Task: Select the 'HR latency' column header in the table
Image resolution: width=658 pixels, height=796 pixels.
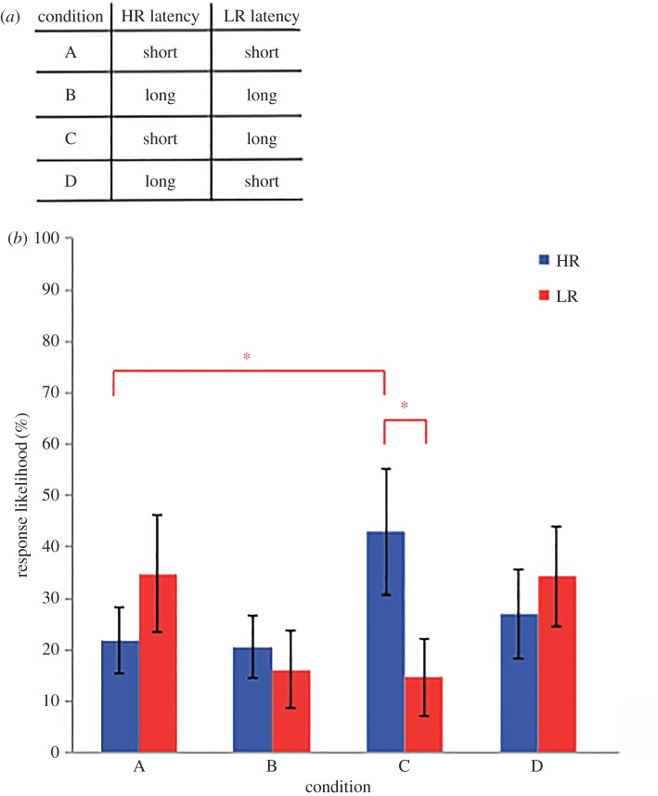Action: pos(160,18)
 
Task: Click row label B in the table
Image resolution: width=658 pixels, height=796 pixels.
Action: pos(71,95)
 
